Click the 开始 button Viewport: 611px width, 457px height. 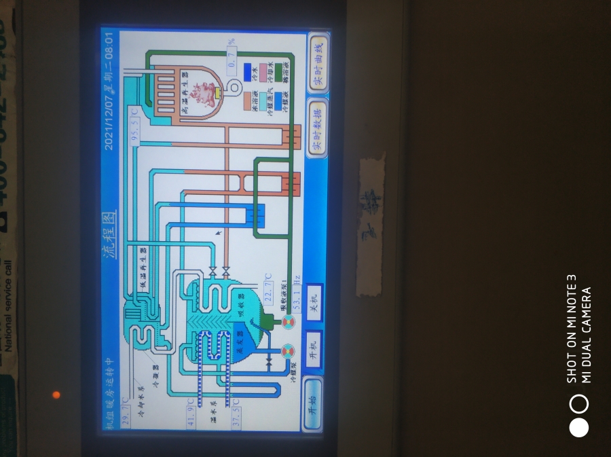click(313, 403)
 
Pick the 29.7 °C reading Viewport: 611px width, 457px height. click(125, 412)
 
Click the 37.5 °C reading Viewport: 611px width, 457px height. click(235, 412)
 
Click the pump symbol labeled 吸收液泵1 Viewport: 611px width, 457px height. click(288, 321)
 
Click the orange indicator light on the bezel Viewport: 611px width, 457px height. click(56, 395)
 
